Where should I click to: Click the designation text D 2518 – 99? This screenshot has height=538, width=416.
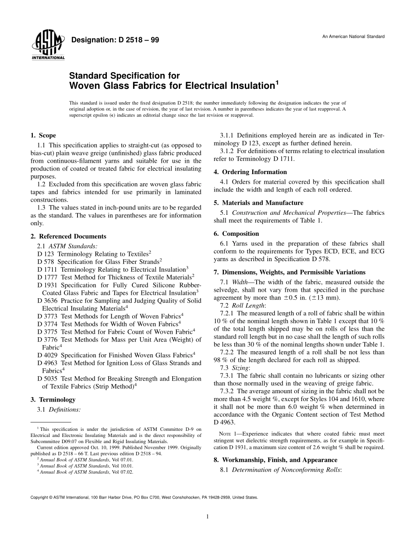click(115, 40)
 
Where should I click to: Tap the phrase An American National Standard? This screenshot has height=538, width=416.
click(353, 36)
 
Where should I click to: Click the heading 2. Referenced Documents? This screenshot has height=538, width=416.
click(68, 237)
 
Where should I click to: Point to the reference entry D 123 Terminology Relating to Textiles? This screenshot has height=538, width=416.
click(94, 254)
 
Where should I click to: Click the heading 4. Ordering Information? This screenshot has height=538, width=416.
click(250, 172)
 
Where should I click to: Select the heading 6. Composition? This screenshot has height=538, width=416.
click(236, 234)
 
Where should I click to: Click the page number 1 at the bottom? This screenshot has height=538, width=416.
click(208, 517)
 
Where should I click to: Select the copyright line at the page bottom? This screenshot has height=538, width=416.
click(144, 497)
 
